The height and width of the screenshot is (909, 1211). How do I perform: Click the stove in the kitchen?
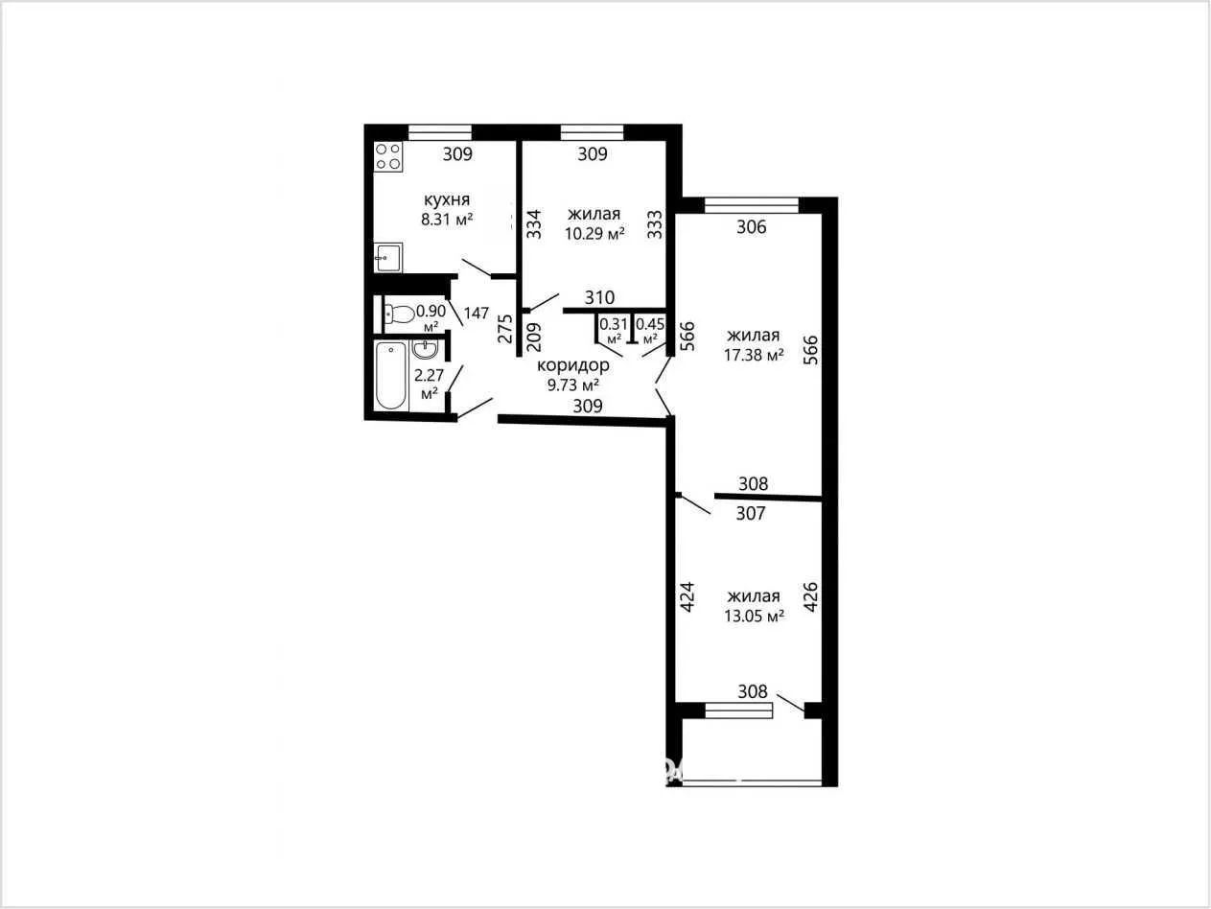pos(388,156)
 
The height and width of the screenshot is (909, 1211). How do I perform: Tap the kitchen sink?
pos(388,258)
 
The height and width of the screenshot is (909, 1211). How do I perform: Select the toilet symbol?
pos(400,315)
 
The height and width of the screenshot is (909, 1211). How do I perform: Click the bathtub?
pos(391,376)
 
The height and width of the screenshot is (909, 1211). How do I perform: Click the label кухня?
pos(446,199)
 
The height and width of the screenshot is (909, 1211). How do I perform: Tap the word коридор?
pos(573,365)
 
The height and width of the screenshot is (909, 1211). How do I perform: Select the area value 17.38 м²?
pos(754,355)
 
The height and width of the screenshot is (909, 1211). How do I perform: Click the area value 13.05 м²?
pos(755,617)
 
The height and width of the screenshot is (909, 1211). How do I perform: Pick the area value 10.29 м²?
pos(594,234)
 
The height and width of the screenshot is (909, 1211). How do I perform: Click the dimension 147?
pos(477,314)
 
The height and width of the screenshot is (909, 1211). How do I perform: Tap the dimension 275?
pos(505,329)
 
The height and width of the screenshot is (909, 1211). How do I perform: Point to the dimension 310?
pos(599,298)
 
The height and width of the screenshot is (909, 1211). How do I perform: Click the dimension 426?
pos(810,596)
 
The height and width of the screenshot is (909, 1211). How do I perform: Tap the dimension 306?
pos(752,226)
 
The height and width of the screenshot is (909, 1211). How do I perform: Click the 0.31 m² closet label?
pos(614,330)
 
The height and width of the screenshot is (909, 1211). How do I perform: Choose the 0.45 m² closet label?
pos(650,330)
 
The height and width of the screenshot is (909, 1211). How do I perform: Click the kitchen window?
pos(440,133)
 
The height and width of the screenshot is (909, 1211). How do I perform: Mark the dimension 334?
pos(533,223)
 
